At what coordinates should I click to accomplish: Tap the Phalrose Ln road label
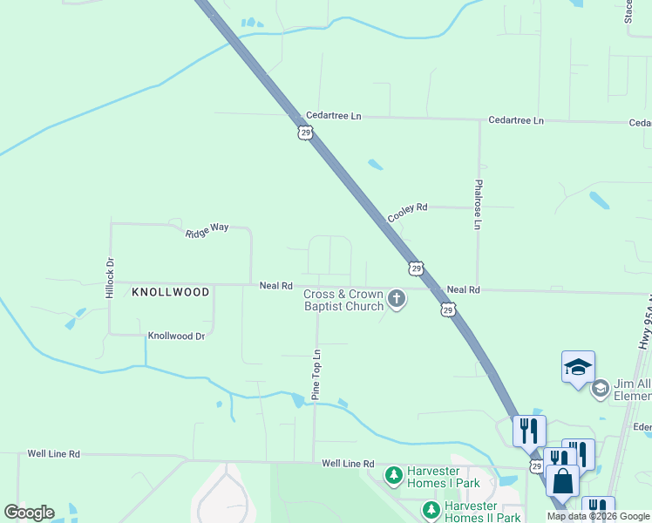[478, 205]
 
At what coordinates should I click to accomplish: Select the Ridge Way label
[207, 229]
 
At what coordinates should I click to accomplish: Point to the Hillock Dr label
[110, 278]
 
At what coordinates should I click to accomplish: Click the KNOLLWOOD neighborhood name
[171, 292]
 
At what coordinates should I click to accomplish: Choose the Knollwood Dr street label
[176, 336]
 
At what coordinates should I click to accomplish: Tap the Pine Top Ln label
[317, 375]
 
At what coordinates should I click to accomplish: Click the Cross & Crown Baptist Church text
[343, 300]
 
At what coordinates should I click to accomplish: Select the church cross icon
[397, 300]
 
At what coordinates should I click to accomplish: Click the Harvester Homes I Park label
[444, 477]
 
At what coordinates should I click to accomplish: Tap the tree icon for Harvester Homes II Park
[430, 509]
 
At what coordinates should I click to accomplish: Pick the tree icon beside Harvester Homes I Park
[394, 475]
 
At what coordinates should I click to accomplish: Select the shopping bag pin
[562, 481]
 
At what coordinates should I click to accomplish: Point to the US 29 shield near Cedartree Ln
[304, 132]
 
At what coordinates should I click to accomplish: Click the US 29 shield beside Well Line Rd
[536, 467]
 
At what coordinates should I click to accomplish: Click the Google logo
[29, 513]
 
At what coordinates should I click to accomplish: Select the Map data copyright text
[599, 517]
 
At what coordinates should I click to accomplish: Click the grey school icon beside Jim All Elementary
[600, 388]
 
